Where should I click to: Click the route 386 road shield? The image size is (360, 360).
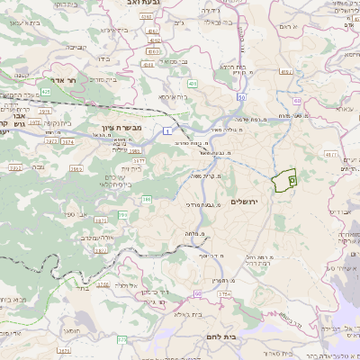click(x=147, y=199)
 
